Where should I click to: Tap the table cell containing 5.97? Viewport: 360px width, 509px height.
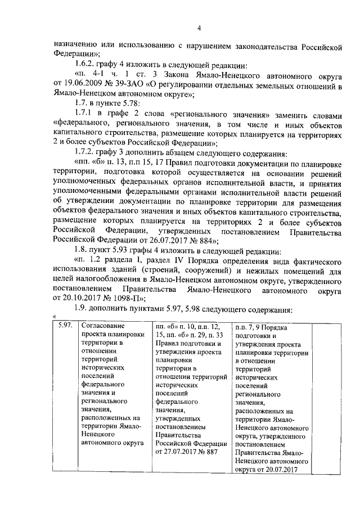tap(63, 326)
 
